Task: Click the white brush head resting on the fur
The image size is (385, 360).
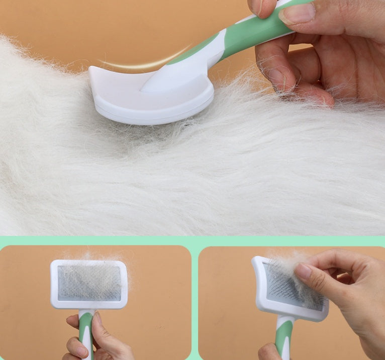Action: tap(151, 100)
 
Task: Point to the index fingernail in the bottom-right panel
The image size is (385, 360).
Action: tap(303, 272)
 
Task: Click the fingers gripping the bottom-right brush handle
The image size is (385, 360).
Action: tap(269, 351)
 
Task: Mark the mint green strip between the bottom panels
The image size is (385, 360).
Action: tap(195, 301)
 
